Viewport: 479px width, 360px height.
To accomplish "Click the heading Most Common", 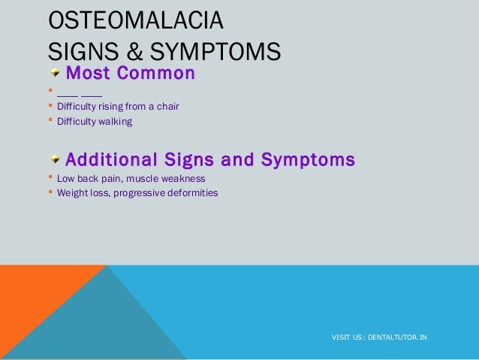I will coord(130,74).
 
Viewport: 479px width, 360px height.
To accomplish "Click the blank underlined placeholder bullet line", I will coord(80,93).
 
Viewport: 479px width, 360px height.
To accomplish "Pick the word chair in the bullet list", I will coord(167,107).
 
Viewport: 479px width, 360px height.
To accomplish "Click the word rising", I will coord(112,107).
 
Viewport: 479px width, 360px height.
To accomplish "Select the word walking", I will coord(116,121).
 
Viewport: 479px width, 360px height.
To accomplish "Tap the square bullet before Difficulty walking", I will coord(50,120).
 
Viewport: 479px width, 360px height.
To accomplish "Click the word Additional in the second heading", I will coord(111,160).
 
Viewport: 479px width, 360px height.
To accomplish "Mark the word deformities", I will coord(191,192).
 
